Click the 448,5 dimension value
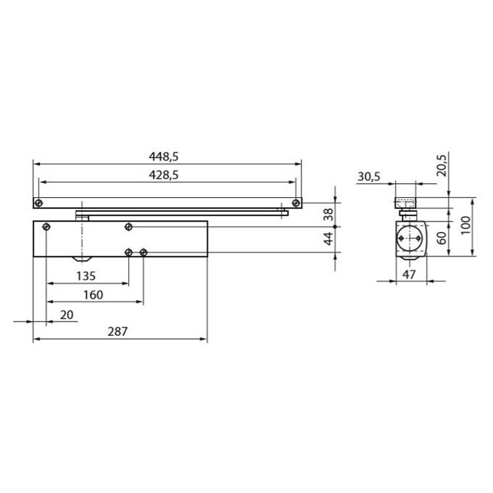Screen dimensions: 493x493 point(164,156)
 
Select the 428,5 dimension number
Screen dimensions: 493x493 point(164,175)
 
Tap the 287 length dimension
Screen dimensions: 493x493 point(118,331)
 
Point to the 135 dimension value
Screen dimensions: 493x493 point(86,276)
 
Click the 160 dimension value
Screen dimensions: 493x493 point(93,295)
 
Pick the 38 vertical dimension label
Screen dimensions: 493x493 point(328,214)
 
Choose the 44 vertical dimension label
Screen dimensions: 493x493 point(328,239)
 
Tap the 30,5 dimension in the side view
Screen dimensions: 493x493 point(369,177)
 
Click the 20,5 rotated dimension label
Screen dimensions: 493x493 point(442,166)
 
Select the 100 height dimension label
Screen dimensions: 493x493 point(465,225)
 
